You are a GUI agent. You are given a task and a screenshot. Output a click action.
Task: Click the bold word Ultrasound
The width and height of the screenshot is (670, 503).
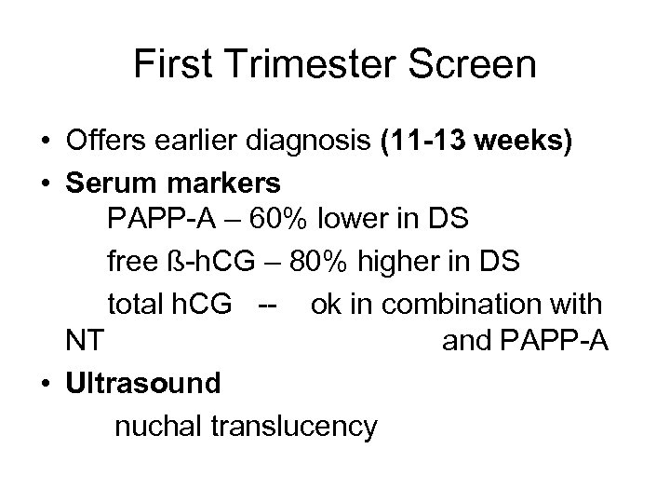(x=143, y=383)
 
